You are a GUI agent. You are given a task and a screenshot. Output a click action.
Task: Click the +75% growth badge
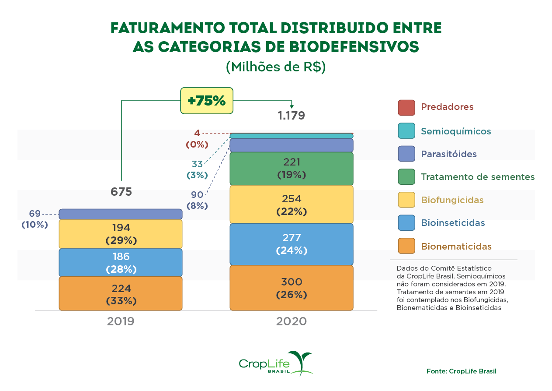tap(207, 101)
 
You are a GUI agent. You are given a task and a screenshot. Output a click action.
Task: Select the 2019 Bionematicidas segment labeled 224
tap(121, 294)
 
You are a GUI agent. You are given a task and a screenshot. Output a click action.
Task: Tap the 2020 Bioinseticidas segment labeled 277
tap(292, 244)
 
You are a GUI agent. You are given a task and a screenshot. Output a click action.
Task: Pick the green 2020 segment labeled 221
tap(292, 169)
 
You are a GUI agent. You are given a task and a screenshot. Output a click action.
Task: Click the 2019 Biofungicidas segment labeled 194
tap(121, 234)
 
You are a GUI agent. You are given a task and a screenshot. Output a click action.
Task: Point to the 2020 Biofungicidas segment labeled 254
tap(292, 204)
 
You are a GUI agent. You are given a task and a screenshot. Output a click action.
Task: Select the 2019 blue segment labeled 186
tap(121, 263)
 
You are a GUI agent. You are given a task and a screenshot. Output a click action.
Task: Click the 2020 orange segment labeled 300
tap(292, 288)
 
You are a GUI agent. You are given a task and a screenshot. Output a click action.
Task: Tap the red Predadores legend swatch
tap(406, 108)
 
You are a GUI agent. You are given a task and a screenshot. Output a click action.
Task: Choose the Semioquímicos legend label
tap(456, 131)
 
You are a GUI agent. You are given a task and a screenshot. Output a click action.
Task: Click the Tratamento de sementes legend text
tap(478, 177)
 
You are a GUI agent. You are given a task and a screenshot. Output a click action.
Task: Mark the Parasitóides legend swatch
tap(406, 154)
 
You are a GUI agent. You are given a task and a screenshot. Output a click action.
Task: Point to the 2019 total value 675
tap(121, 192)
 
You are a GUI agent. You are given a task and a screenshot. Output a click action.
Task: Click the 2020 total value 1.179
tap(292, 116)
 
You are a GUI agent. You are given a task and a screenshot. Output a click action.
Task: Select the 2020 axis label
tap(292, 322)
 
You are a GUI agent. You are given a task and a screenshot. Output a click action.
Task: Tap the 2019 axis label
tap(121, 322)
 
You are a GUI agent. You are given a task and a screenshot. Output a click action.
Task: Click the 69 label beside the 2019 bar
tap(35, 214)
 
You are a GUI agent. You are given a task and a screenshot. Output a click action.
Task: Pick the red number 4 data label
tap(197, 133)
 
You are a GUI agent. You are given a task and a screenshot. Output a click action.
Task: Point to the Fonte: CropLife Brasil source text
tap(462, 371)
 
